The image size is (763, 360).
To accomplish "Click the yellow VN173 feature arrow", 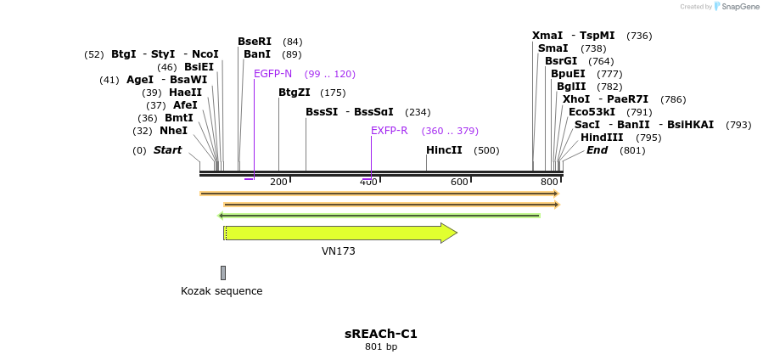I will point(339,233).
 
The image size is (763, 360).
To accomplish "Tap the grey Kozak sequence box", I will point(223,273).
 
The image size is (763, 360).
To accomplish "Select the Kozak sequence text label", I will point(222,291).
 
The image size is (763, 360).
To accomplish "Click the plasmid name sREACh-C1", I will point(381,334).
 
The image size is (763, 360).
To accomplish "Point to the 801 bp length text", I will point(381,346).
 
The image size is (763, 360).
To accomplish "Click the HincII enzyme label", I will point(444,150).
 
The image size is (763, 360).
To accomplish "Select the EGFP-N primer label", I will point(272,74).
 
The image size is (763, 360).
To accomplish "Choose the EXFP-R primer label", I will point(390,131).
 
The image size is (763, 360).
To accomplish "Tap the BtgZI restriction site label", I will point(295,93).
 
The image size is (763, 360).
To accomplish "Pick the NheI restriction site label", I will point(173,131).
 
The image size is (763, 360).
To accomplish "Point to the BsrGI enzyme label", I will point(561,61).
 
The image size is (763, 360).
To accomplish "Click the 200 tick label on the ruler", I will point(278,182).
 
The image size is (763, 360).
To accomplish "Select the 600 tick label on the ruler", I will point(459,182).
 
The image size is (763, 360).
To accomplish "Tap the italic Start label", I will point(167,150).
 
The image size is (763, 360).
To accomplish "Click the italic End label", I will point(597,150).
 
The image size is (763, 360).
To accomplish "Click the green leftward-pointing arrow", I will point(379,216).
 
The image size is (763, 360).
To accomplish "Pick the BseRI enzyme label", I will point(255,42).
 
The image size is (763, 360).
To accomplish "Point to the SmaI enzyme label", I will point(553,48).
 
